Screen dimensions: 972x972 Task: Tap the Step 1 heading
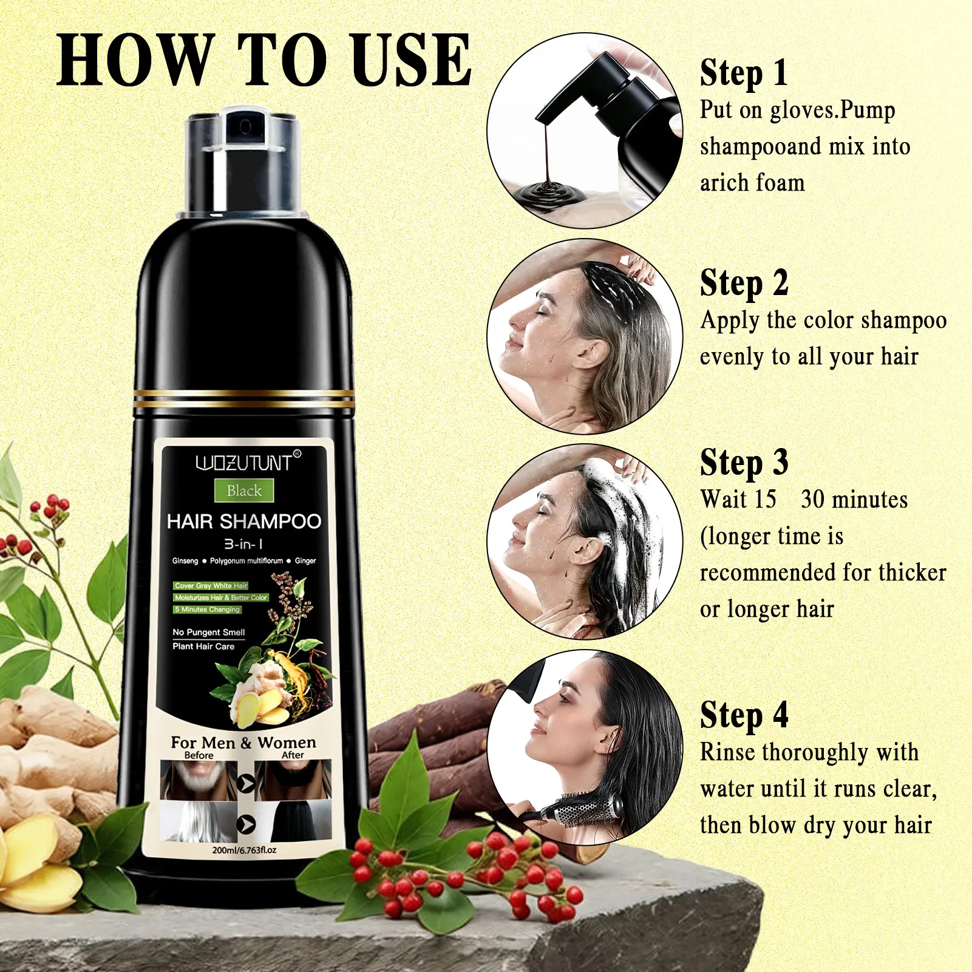(744, 73)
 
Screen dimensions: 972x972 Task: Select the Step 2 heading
(744, 283)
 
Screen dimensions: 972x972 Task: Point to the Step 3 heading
(744, 463)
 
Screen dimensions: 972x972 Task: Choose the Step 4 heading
(744, 715)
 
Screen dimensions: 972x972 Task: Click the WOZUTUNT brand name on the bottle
(244, 463)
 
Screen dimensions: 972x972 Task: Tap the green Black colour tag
(244, 491)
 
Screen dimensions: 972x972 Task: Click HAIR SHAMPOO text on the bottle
(244, 522)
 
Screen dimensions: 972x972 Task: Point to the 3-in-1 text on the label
(243, 544)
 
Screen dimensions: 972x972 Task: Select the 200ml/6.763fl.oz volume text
(244, 850)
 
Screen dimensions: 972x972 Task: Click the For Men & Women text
(243, 743)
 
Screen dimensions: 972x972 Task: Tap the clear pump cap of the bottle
(243, 161)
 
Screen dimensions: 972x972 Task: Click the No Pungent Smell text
(208, 632)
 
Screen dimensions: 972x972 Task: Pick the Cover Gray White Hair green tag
(211, 586)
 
